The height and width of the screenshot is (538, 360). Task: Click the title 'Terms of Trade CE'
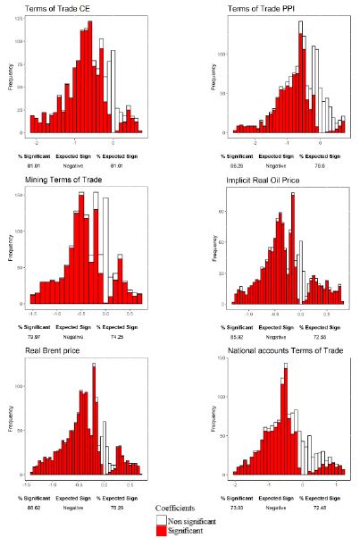click(x=46, y=7)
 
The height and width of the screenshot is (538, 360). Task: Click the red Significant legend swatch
click(x=162, y=530)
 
